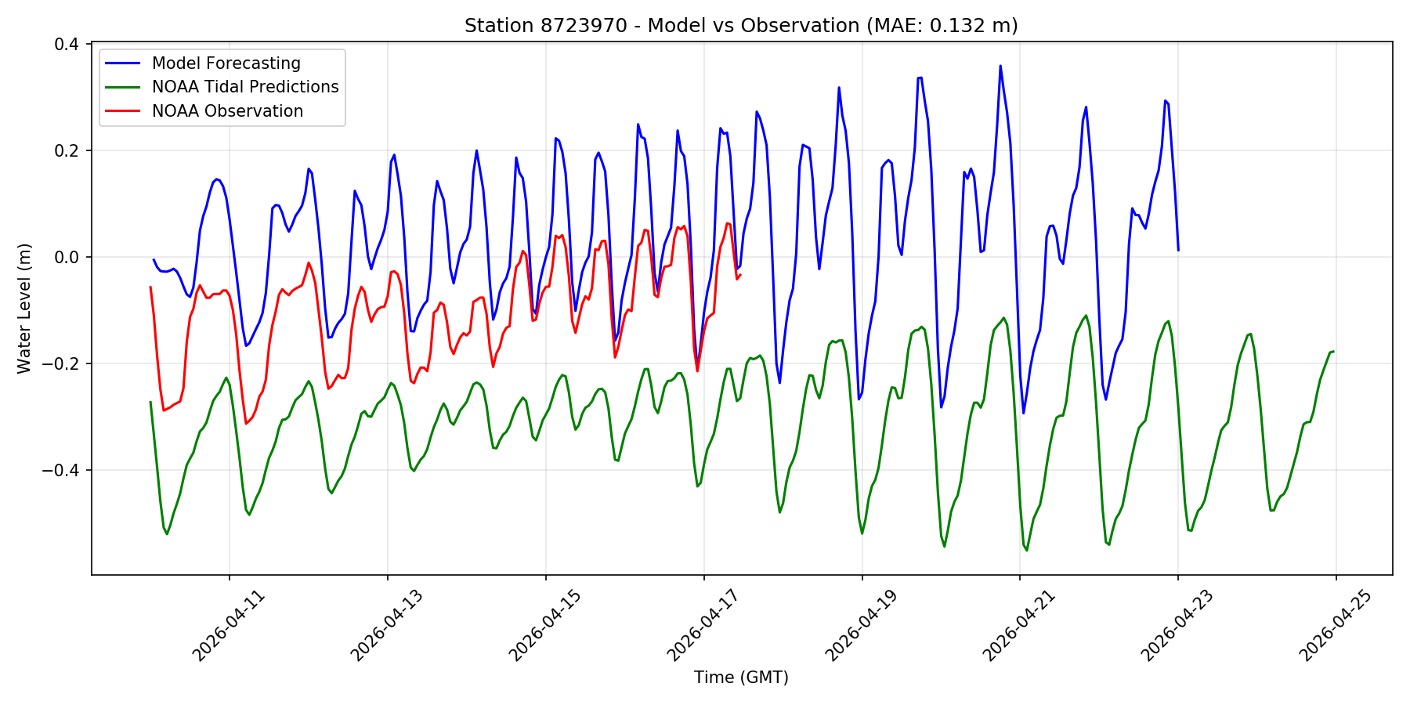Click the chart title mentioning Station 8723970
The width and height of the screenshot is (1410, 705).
(x=740, y=26)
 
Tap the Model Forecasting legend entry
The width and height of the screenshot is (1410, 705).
(x=226, y=63)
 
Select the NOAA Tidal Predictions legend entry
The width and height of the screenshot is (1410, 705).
(x=244, y=87)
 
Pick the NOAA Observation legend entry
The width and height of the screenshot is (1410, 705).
(x=227, y=111)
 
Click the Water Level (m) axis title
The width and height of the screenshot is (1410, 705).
(x=24, y=308)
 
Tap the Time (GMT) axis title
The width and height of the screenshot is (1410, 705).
(x=741, y=678)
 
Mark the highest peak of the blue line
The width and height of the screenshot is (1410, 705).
(x=1000, y=66)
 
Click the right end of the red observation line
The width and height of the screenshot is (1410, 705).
(x=740, y=274)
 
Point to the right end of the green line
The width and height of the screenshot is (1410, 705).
(x=1333, y=352)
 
